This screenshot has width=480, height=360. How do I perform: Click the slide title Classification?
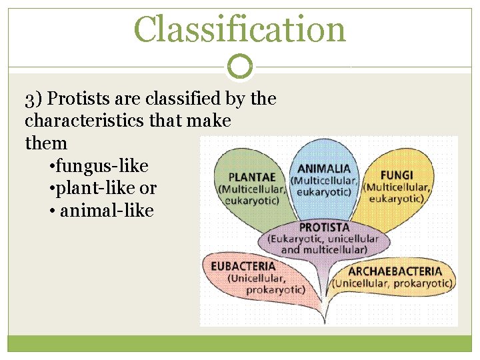tap(240, 30)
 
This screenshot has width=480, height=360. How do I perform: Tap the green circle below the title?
tap(240, 67)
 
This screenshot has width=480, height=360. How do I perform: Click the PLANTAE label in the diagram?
tap(252, 177)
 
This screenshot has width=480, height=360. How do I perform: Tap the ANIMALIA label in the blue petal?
tap(323, 169)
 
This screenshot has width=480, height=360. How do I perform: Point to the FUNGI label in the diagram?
tap(396, 175)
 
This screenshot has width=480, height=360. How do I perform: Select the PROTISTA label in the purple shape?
tap(324, 227)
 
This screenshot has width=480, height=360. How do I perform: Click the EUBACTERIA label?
tap(243, 266)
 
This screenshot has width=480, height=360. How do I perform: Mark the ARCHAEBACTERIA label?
tap(395, 271)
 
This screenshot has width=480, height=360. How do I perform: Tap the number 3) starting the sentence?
tap(34, 100)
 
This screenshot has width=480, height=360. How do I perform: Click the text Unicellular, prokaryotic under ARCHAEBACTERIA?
tap(393, 283)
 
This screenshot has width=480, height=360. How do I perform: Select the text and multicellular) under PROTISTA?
tap(324, 249)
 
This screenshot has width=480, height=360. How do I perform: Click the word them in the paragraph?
tap(46, 143)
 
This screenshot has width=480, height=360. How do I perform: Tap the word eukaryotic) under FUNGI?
tap(396, 198)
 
